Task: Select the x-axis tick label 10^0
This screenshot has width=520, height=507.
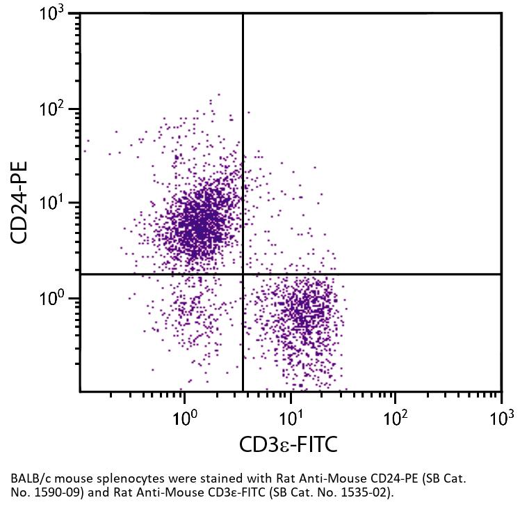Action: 184,417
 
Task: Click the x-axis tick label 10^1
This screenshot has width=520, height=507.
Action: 290,417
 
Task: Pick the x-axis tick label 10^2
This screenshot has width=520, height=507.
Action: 396,417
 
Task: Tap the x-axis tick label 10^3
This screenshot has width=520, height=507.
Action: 501,417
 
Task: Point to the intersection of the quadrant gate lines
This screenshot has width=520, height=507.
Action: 243,274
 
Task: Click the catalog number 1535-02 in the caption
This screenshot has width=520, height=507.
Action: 361,492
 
